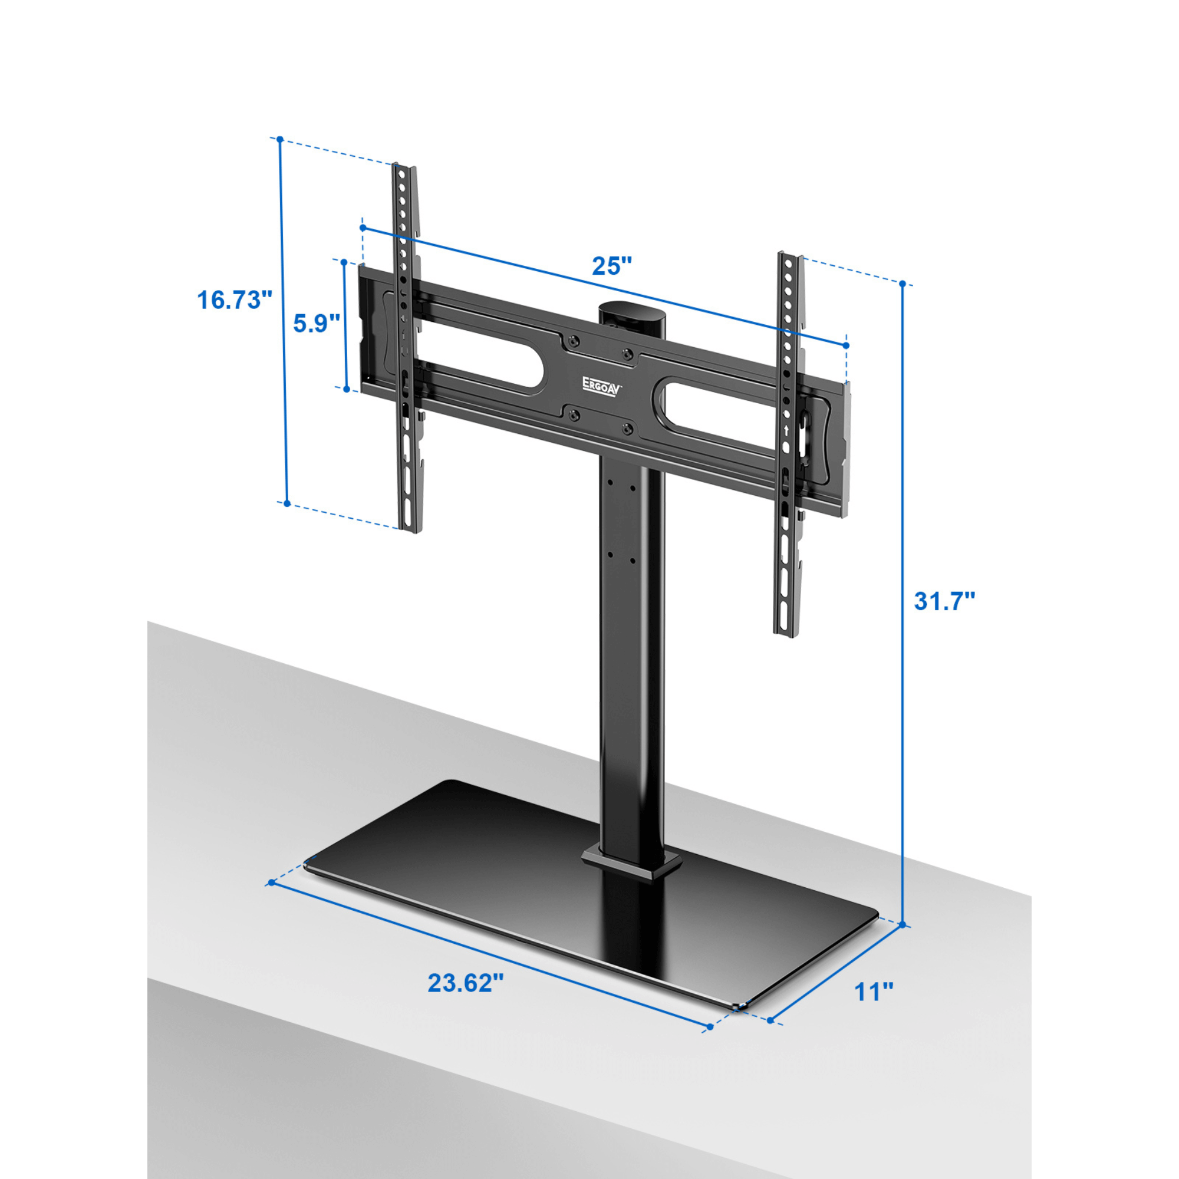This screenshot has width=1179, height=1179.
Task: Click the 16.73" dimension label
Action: pos(233,300)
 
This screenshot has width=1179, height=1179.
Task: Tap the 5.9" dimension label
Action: pos(316,324)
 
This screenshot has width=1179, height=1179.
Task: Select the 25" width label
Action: pos(611,266)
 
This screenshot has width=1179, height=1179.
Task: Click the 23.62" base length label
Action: pos(465,983)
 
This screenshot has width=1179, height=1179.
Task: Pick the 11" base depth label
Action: pos(874,992)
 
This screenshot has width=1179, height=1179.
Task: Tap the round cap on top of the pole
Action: pos(631,309)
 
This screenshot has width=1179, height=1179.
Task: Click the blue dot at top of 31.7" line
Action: pos(903,284)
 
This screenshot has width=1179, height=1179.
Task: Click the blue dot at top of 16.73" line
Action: pos(280,139)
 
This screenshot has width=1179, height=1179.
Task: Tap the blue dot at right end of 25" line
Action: pos(846,345)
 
